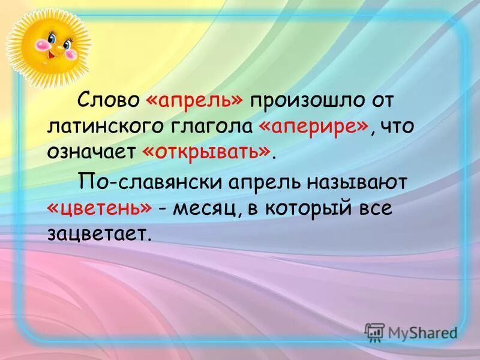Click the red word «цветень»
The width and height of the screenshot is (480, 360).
click(99, 207)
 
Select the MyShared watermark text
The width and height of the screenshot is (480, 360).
click(422, 332)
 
